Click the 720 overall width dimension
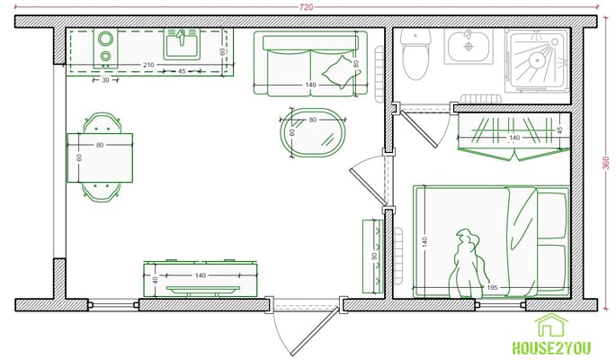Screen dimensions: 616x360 tap(306, 6)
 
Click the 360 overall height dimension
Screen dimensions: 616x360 tap(606, 163)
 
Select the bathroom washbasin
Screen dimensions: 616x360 tap(469, 47)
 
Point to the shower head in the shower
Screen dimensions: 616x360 tap(536, 60)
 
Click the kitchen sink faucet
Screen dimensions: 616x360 tap(181, 37)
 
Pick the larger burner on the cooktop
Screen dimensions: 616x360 tap(106, 39)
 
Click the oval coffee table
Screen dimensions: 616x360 tap(313, 133)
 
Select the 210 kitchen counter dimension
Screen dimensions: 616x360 tap(148, 65)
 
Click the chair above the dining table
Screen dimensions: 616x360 tap(103, 123)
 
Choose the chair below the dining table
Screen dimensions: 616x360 tap(101, 193)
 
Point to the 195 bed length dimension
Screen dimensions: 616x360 tap(492, 288)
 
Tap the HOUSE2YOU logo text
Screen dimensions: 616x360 tap(551, 347)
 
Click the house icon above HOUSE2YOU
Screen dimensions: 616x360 tap(551, 326)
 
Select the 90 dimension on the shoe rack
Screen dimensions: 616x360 tap(374, 256)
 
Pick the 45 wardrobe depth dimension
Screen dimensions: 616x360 tap(560, 130)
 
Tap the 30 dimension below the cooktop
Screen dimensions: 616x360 tap(106, 80)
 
